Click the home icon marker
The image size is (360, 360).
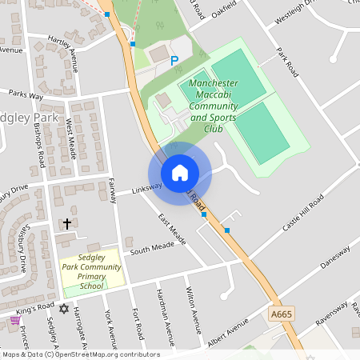tap(179, 173)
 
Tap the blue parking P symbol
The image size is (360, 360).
tap(174, 60)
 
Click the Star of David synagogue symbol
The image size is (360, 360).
tap(65, 308)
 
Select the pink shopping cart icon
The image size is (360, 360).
tap(14, 320)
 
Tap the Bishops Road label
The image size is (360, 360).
tap(38, 147)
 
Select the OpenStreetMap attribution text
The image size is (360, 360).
tap(80, 354)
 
